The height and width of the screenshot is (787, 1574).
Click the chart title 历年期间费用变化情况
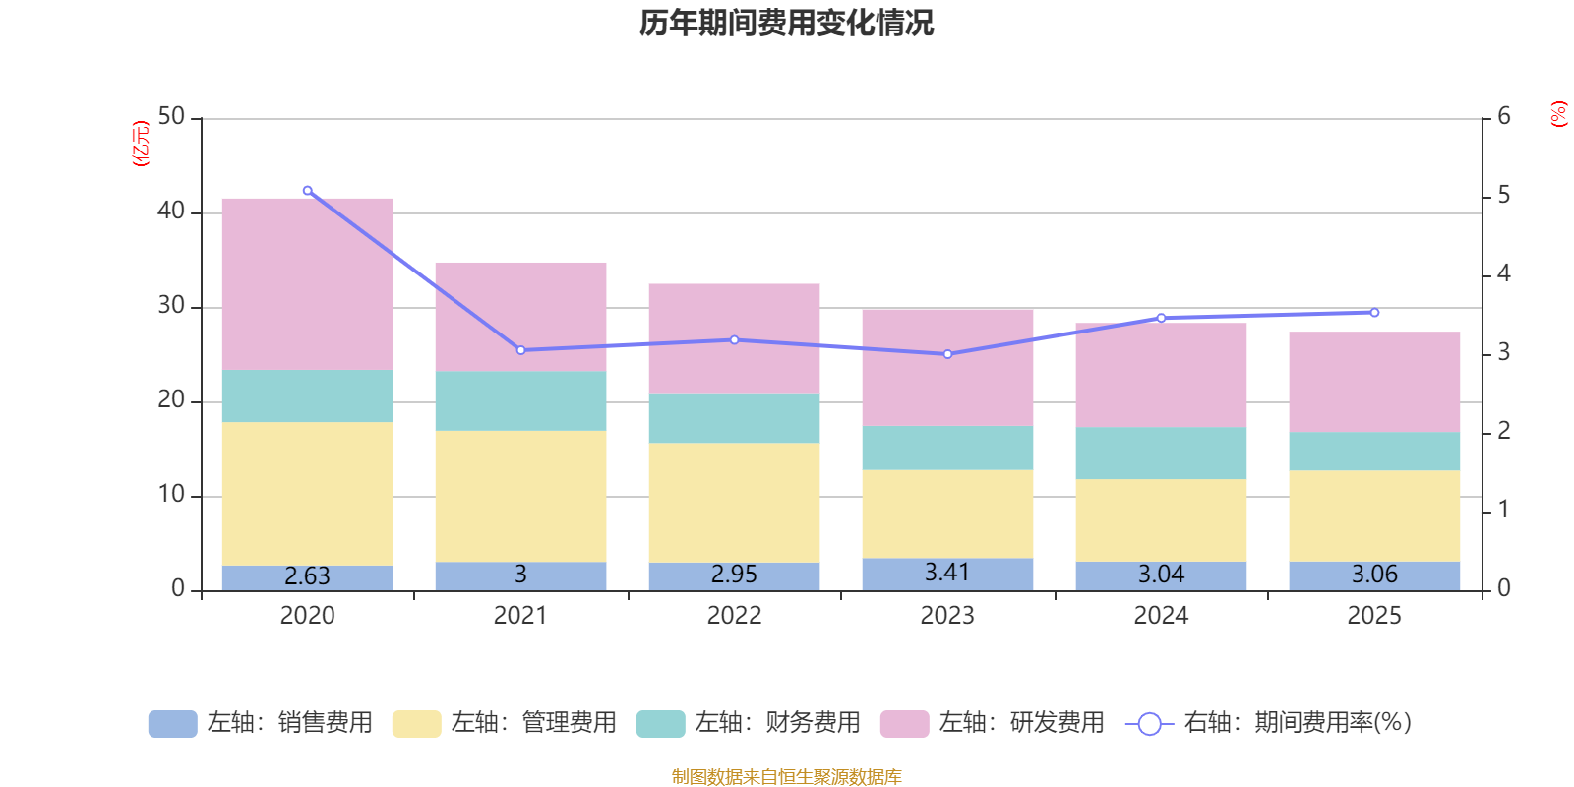point(786,23)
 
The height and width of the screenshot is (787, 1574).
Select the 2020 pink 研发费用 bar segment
point(307,283)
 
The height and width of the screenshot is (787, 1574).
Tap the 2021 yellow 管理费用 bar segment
point(520,496)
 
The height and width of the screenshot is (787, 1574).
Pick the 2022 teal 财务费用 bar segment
point(734,419)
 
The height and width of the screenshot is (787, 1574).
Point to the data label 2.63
point(307,576)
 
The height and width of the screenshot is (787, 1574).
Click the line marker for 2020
point(308,191)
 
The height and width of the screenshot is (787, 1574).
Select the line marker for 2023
point(947,354)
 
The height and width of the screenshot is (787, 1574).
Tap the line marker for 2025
point(1374,313)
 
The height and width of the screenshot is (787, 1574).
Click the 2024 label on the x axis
point(1161,616)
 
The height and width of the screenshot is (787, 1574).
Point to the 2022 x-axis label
point(734,616)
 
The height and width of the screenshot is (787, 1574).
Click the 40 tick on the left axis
point(171,212)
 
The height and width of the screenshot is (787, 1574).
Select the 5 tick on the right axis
point(1503,196)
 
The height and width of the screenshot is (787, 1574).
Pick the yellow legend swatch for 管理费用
point(416,724)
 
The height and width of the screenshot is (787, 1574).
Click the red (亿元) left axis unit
point(141,144)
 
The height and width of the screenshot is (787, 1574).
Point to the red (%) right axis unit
point(1558,114)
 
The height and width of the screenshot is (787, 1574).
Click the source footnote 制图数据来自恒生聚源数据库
point(786,777)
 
